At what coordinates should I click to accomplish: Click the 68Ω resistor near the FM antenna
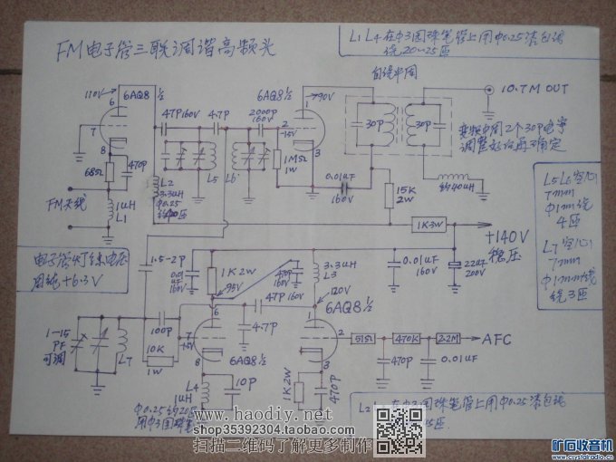[110, 171]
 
